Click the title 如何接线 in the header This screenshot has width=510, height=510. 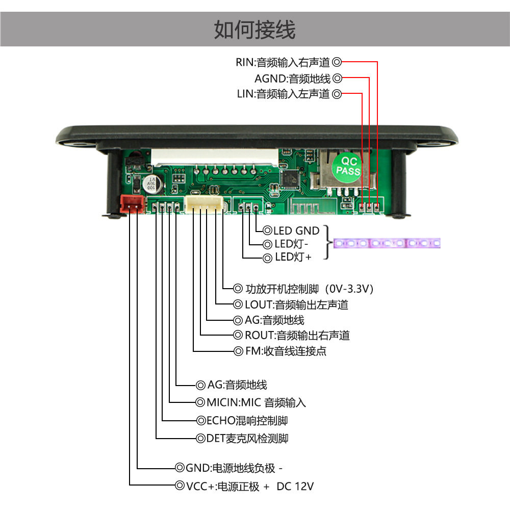click(x=254, y=30)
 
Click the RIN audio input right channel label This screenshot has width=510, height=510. click(x=283, y=62)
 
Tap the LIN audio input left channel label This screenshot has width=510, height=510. click(x=283, y=94)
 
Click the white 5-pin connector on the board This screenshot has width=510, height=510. click(x=205, y=205)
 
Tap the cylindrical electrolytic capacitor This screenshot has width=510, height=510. click(x=151, y=185)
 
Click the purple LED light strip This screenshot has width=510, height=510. click(x=387, y=243)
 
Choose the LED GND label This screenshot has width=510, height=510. click(x=296, y=231)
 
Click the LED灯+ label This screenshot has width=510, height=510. click(x=293, y=257)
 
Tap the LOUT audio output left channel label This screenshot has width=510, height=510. click(x=296, y=305)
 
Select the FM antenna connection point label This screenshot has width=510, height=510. click(x=286, y=351)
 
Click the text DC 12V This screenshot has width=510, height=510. click(x=295, y=486)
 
